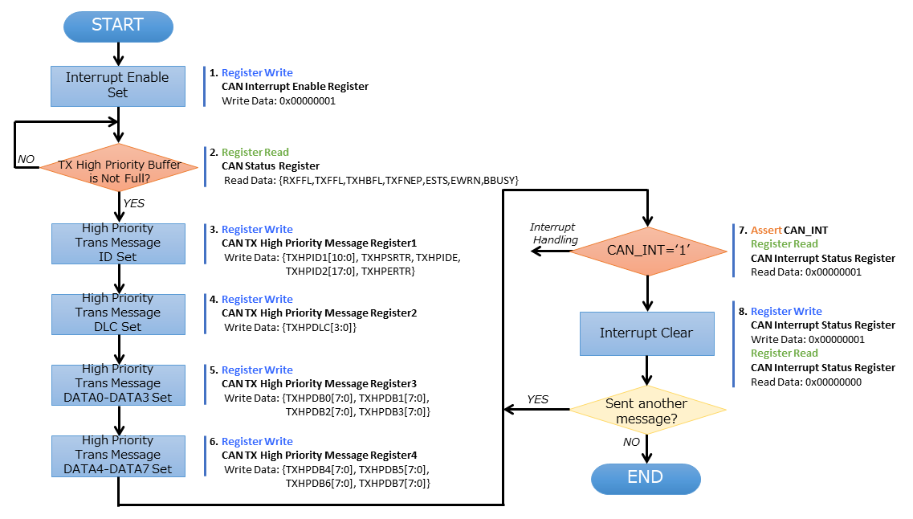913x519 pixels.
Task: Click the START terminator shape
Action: pyautogui.click(x=118, y=26)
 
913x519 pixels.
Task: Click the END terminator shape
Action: pyautogui.click(x=646, y=478)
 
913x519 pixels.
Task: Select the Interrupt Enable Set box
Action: pyautogui.click(x=118, y=85)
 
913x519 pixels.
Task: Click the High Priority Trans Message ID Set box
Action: pyautogui.click(x=118, y=243)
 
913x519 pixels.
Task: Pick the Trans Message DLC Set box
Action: pyautogui.click(x=118, y=313)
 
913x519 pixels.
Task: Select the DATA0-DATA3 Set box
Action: pyautogui.click(x=118, y=383)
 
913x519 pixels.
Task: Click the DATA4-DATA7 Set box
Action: pyautogui.click(x=118, y=455)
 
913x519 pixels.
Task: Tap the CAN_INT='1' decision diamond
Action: pyautogui.click(x=647, y=251)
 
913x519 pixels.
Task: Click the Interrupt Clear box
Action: pyautogui.click(x=646, y=333)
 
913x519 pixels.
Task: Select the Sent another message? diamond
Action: pyautogui.click(x=646, y=410)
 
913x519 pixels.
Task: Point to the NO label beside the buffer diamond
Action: pyautogui.click(x=26, y=159)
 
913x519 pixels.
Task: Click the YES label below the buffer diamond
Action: pyautogui.click(x=133, y=203)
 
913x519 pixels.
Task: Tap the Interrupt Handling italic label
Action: pyautogui.click(x=554, y=233)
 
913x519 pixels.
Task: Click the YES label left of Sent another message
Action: pyautogui.click(x=537, y=399)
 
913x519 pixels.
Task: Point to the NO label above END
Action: pyautogui.click(x=631, y=441)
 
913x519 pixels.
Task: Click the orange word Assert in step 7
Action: pyautogui.click(x=765, y=230)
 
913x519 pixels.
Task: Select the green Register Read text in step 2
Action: pyautogui.click(x=255, y=152)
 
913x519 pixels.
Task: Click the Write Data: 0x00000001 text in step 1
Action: pyautogui.click(x=279, y=101)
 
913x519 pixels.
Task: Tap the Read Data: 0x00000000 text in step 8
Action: pyautogui.click(x=806, y=382)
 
